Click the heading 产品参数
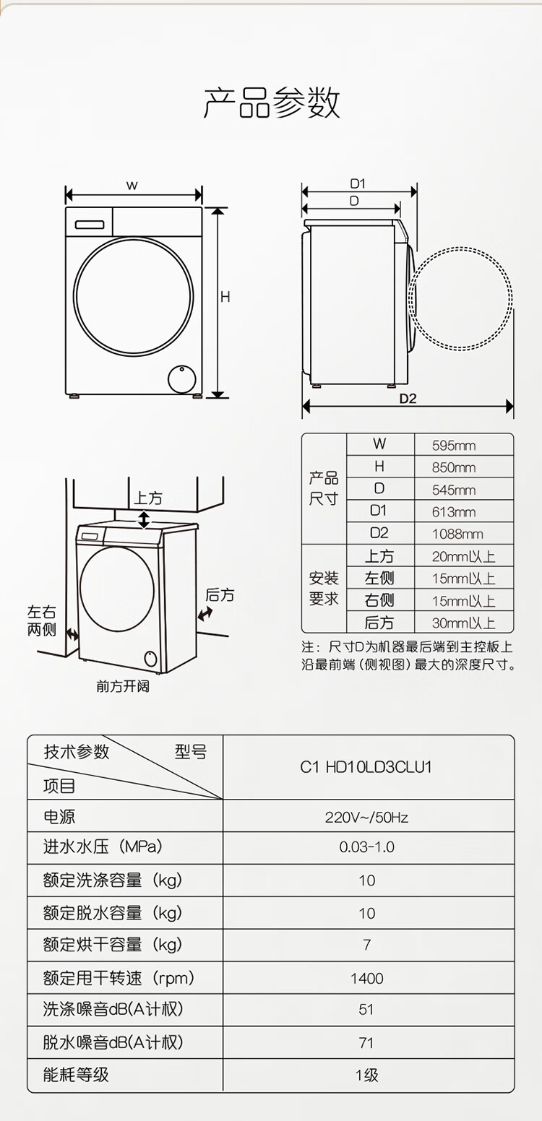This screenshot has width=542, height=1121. (x=271, y=103)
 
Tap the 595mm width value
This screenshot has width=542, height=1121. (x=454, y=446)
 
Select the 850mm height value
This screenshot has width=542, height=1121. (x=454, y=467)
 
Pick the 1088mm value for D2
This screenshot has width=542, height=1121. (x=457, y=534)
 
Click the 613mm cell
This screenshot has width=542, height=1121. (x=454, y=512)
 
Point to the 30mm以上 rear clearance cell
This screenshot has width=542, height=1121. (x=463, y=623)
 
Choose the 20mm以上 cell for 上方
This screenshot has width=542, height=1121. (x=463, y=556)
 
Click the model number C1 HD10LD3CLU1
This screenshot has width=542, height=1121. (x=366, y=766)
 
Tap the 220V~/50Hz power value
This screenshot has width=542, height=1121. (x=366, y=817)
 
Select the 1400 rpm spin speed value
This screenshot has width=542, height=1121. (x=366, y=978)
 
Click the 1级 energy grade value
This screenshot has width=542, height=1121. (x=366, y=1075)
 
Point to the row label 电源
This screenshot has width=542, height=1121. (x=59, y=817)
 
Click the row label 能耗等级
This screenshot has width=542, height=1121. (x=76, y=1075)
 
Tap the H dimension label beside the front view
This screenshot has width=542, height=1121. (x=225, y=298)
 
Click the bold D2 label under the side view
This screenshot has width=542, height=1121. (x=408, y=399)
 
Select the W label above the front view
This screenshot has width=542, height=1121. (x=132, y=186)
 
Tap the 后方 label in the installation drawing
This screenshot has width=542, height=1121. (x=220, y=595)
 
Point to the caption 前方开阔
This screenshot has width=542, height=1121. (x=123, y=686)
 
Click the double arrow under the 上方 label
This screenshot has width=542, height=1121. (x=144, y=519)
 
